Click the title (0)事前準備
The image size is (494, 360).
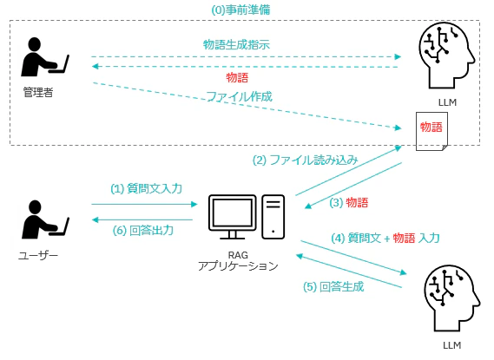click(240, 10)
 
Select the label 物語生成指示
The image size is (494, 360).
click(236, 44)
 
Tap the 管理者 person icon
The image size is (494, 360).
click(45, 57)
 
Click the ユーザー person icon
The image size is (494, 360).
click(45, 219)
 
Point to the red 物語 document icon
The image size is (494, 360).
click(431, 131)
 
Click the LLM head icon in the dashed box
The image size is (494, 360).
click(447, 56)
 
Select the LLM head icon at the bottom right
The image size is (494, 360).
click(451, 298)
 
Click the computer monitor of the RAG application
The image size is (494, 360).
click(232, 217)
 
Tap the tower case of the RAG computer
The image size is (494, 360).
click(273, 217)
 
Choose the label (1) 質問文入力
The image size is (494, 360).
click(146, 188)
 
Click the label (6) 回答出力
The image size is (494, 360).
click(143, 231)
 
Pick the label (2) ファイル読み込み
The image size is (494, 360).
click(305, 160)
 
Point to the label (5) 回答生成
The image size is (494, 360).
click(333, 286)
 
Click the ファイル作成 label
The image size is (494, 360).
click(239, 96)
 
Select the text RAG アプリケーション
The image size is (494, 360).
click(238, 260)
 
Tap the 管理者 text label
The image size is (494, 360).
click(38, 92)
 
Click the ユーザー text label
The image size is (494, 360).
click(38, 255)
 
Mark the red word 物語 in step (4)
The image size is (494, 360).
click(404, 238)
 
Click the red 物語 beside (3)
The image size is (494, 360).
click(357, 202)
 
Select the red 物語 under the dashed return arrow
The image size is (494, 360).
click(237, 77)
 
